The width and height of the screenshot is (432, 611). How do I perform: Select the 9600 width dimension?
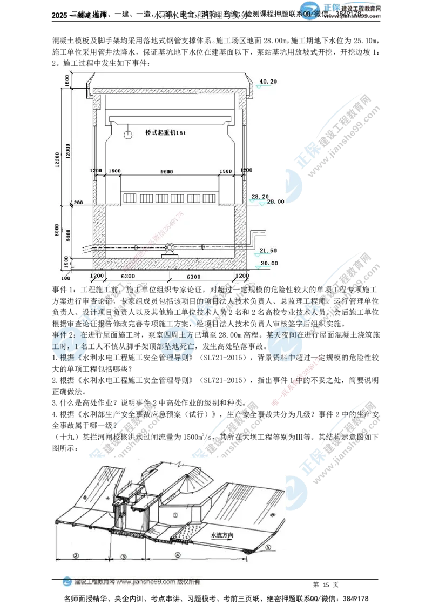tap(167, 171)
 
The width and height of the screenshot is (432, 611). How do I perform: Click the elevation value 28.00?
tap(275, 202)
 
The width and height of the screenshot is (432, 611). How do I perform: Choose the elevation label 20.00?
tap(268, 263)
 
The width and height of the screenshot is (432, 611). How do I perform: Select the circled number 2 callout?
tap(76, 555)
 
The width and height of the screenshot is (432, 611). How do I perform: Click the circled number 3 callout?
tap(124, 556)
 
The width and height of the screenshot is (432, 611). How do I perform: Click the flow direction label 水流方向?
tap(224, 536)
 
